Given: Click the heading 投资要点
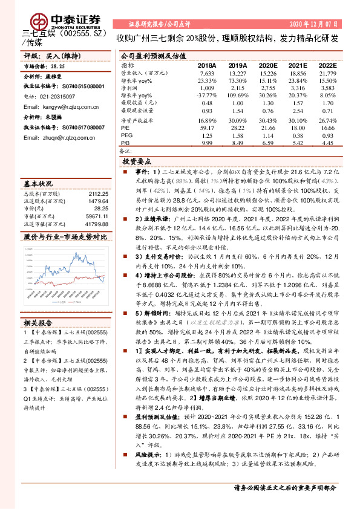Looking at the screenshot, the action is point(136,163).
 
